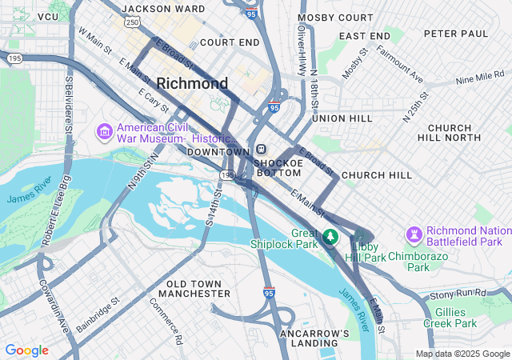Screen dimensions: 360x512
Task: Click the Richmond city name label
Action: click(x=192, y=83)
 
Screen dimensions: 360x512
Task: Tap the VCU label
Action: click(x=48, y=16)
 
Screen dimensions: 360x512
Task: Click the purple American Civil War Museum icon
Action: click(x=104, y=130)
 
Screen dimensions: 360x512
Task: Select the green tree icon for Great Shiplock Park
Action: click(x=330, y=238)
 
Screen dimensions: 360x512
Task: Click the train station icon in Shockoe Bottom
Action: click(x=262, y=150)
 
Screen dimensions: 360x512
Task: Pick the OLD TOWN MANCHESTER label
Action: click(x=198, y=289)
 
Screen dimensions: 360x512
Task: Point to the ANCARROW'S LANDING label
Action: click(x=314, y=338)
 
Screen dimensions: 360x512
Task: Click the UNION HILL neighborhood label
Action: click(x=342, y=118)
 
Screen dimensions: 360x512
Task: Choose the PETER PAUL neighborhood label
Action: click(x=455, y=34)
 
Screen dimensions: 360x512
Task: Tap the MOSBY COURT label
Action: click(x=335, y=17)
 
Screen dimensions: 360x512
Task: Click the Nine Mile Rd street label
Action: click(x=481, y=80)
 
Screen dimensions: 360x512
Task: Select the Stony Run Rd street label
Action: click(x=457, y=294)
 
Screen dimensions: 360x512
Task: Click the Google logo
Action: click(x=26, y=350)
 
